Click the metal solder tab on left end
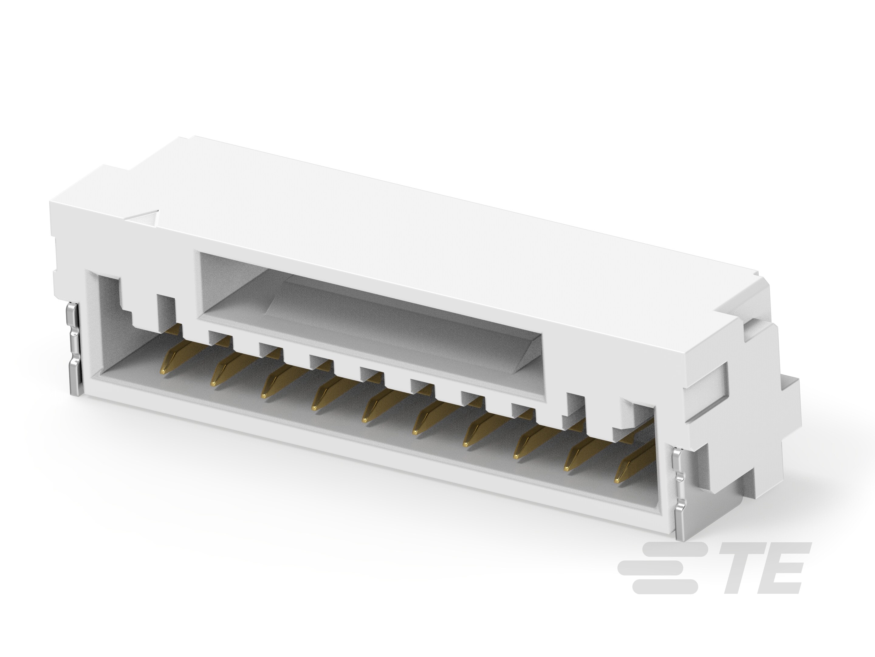point(75,349)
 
